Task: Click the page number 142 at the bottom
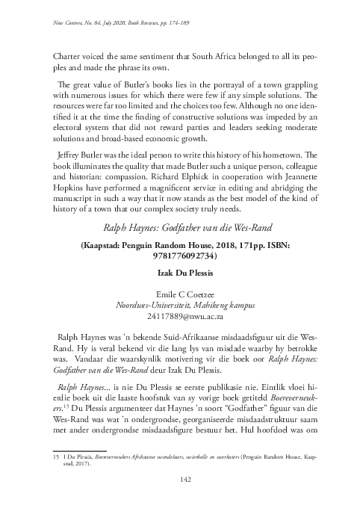pyautogui.click(x=180, y=479)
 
